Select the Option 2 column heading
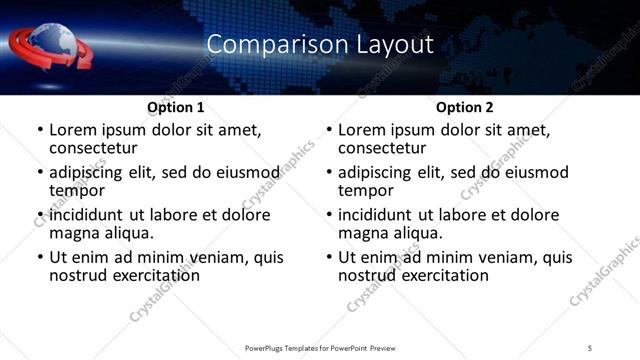464,106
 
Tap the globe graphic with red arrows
50,46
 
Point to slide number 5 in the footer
590,347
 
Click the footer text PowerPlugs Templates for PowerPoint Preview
319,347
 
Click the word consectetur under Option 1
99,148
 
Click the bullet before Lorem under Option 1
39,130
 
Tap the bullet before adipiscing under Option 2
328,173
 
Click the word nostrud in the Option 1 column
80,275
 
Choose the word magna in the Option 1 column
76,233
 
